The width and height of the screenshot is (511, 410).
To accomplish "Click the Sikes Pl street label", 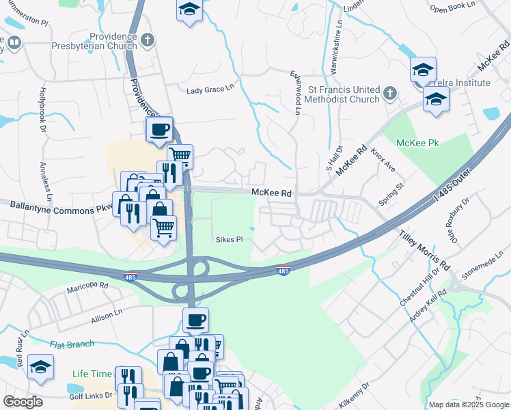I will (230, 240).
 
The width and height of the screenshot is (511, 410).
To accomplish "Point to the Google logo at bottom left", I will (23, 402).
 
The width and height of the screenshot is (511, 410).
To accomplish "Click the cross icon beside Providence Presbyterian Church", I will (147, 42).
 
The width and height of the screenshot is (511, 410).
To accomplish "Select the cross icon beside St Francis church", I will (389, 92).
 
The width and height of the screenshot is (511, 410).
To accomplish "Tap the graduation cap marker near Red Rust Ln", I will (41, 368).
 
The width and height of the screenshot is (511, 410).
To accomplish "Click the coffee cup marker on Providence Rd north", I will (159, 129).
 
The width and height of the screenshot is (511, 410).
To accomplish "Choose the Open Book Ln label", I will (451, 9).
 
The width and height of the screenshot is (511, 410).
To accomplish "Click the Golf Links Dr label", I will (93, 396).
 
